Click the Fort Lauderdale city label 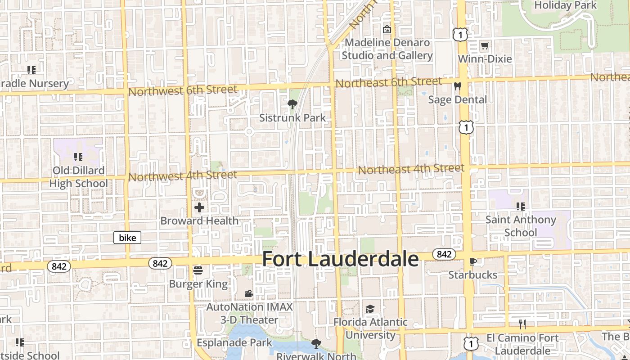click(x=340, y=259)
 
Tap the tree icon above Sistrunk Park click(x=292, y=105)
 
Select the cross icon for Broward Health click(x=199, y=207)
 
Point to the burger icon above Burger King click(x=198, y=270)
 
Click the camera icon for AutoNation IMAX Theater click(x=249, y=293)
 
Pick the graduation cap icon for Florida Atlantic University click(x=370, y=309)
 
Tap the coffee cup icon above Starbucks click(x=472, y=261)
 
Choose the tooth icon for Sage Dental click(x=458, y=86)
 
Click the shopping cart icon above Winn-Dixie click(x=485, y=45)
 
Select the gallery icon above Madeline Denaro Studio click(x=387, y=30)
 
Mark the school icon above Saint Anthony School click(x=521, y=207)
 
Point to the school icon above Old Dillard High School click(x=78, y=157)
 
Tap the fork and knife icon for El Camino click(x=522, y=324)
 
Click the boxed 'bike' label click(x=127, y=238)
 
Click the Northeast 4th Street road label click(x=411, y=169)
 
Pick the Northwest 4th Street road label click(x=183, y=175)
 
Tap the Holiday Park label click(x=565, y=5)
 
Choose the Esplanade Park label click(x=234, y=342)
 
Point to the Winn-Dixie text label click(x=485, y=59)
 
